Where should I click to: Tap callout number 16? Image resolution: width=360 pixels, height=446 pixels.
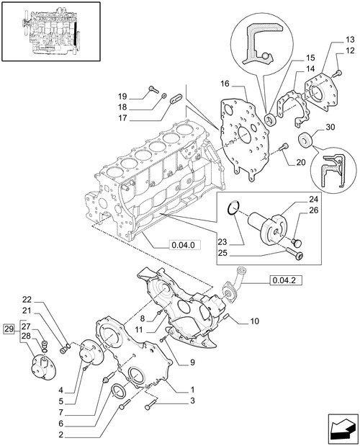click(x=225, y=84)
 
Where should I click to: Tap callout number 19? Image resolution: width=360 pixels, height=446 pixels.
click(x=122, y=96)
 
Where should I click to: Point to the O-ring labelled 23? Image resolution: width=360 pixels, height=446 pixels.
click(x=231, y=210)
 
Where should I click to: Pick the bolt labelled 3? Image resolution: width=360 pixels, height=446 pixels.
click(x=149, y=408)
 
